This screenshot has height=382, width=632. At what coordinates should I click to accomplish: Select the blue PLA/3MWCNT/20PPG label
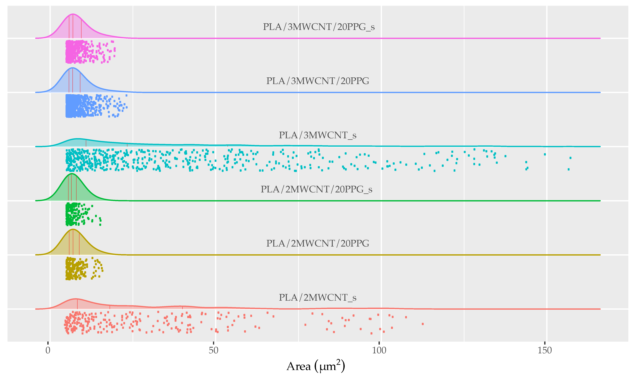tap(318, 81)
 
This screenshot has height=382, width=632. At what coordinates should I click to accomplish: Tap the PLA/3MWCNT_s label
tap(318, 135)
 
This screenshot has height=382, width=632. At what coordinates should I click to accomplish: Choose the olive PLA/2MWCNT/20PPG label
tap(318, 243)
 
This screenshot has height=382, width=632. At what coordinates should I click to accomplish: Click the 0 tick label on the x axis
tap(48, 350)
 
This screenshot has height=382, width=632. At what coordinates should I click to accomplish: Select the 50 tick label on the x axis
tap(213, 350)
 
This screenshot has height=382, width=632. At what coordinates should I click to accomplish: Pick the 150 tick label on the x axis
tap(545, 350)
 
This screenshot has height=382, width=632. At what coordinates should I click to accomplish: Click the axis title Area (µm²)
tap(315, 366)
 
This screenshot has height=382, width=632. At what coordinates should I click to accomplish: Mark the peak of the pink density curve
tap(73, 14)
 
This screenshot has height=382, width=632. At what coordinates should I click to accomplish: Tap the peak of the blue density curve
tap(73, 68)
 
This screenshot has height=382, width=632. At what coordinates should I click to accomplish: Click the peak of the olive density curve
tap(73, 229)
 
